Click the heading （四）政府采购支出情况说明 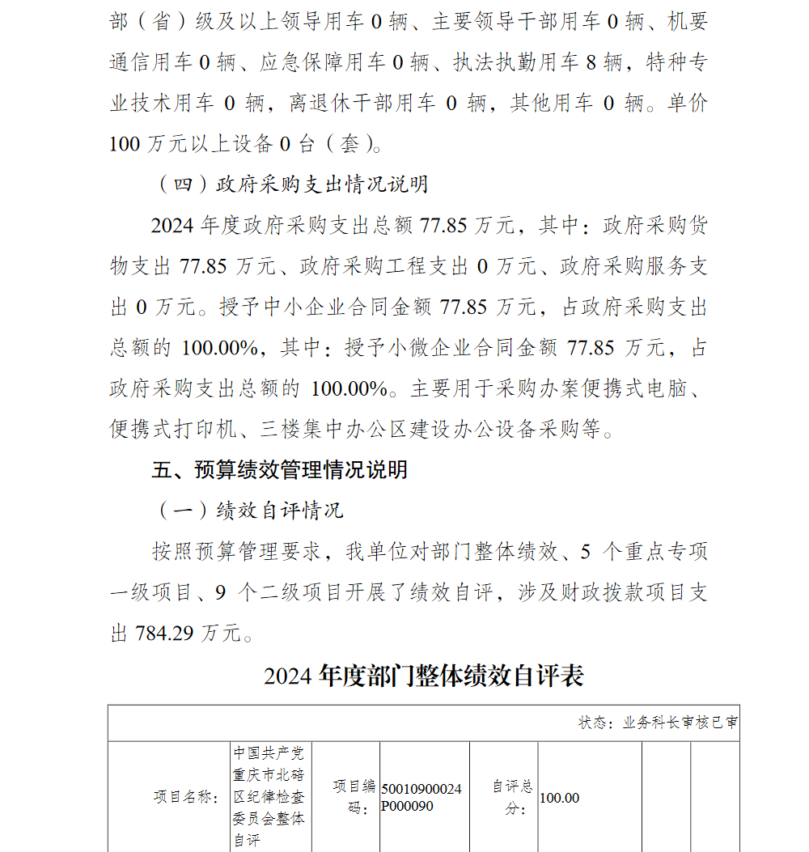click(x=292, y=184)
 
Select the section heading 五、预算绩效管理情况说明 click(x=280, y=469)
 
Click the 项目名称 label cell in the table click(x=186, y=797)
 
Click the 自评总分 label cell click(x=513, y=797)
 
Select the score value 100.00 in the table click(x=560, y=798)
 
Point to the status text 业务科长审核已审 click(x=680, y=723)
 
